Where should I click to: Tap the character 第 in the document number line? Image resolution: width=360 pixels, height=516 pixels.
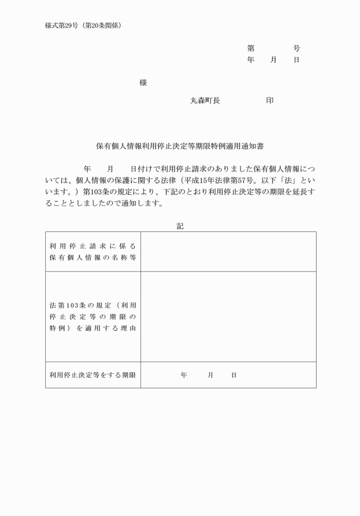pos(251,49)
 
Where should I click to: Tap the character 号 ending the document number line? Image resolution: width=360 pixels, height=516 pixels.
pos(297,49)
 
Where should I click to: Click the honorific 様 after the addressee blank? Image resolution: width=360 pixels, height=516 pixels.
pos(143,83)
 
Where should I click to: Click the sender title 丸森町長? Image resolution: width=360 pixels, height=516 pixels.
pos(205,101)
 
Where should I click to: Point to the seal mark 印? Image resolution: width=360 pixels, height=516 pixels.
pos(270,101)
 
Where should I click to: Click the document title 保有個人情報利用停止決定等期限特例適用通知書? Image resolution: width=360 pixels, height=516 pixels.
pos(180,147)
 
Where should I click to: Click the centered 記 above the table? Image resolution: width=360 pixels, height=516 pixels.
pos(180,226)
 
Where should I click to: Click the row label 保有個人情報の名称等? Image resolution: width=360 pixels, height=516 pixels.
pos(93,257)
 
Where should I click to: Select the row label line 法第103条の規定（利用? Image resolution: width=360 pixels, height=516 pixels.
pos(93,305)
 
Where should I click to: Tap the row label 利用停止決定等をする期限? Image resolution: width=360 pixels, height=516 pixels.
pos(93,375)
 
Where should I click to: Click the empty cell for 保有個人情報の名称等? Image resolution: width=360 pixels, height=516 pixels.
pos(228,251)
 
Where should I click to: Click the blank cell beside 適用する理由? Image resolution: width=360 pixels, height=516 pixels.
pos(228,317)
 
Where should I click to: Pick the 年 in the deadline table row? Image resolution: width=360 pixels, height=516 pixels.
pos(184,375)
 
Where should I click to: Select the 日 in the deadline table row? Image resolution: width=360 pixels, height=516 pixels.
pos(234,375)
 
